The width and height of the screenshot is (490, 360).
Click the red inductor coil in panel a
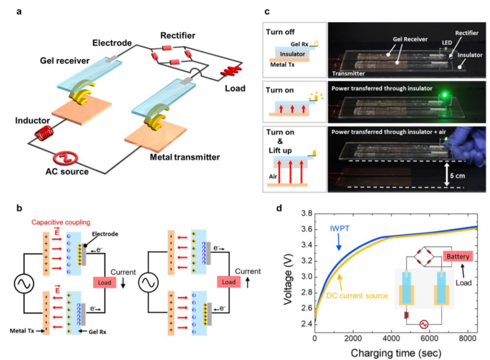(x=44, y=133)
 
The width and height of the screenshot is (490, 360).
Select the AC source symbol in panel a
(x=66, y=158)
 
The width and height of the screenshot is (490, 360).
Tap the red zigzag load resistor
(x=231, y=71)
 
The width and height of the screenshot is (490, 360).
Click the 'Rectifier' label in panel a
(x=178, y=36)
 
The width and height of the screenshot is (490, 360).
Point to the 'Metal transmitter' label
(x=185, y=157)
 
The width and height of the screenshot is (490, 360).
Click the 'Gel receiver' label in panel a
(x=65, y=61)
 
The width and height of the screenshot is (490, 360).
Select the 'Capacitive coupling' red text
(x=61, y=222)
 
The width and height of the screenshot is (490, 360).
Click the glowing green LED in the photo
(x=443, y=95)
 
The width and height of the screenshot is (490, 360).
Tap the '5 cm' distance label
(x=457, y=176)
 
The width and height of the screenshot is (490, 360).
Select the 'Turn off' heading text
(x=280, y=32)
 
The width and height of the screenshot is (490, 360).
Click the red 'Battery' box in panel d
(x=458, y=256)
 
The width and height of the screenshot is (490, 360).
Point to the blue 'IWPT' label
(x=340, y=228)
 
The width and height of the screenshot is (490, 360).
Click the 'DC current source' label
(x=357, y=296)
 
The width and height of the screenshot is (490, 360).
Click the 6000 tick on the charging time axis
(x=429, y=339)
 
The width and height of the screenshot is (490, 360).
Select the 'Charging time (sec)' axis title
(x=396, y=353)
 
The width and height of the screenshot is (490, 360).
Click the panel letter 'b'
(x=20, y=208)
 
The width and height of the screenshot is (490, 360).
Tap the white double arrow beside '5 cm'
(x=446, y=174)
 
